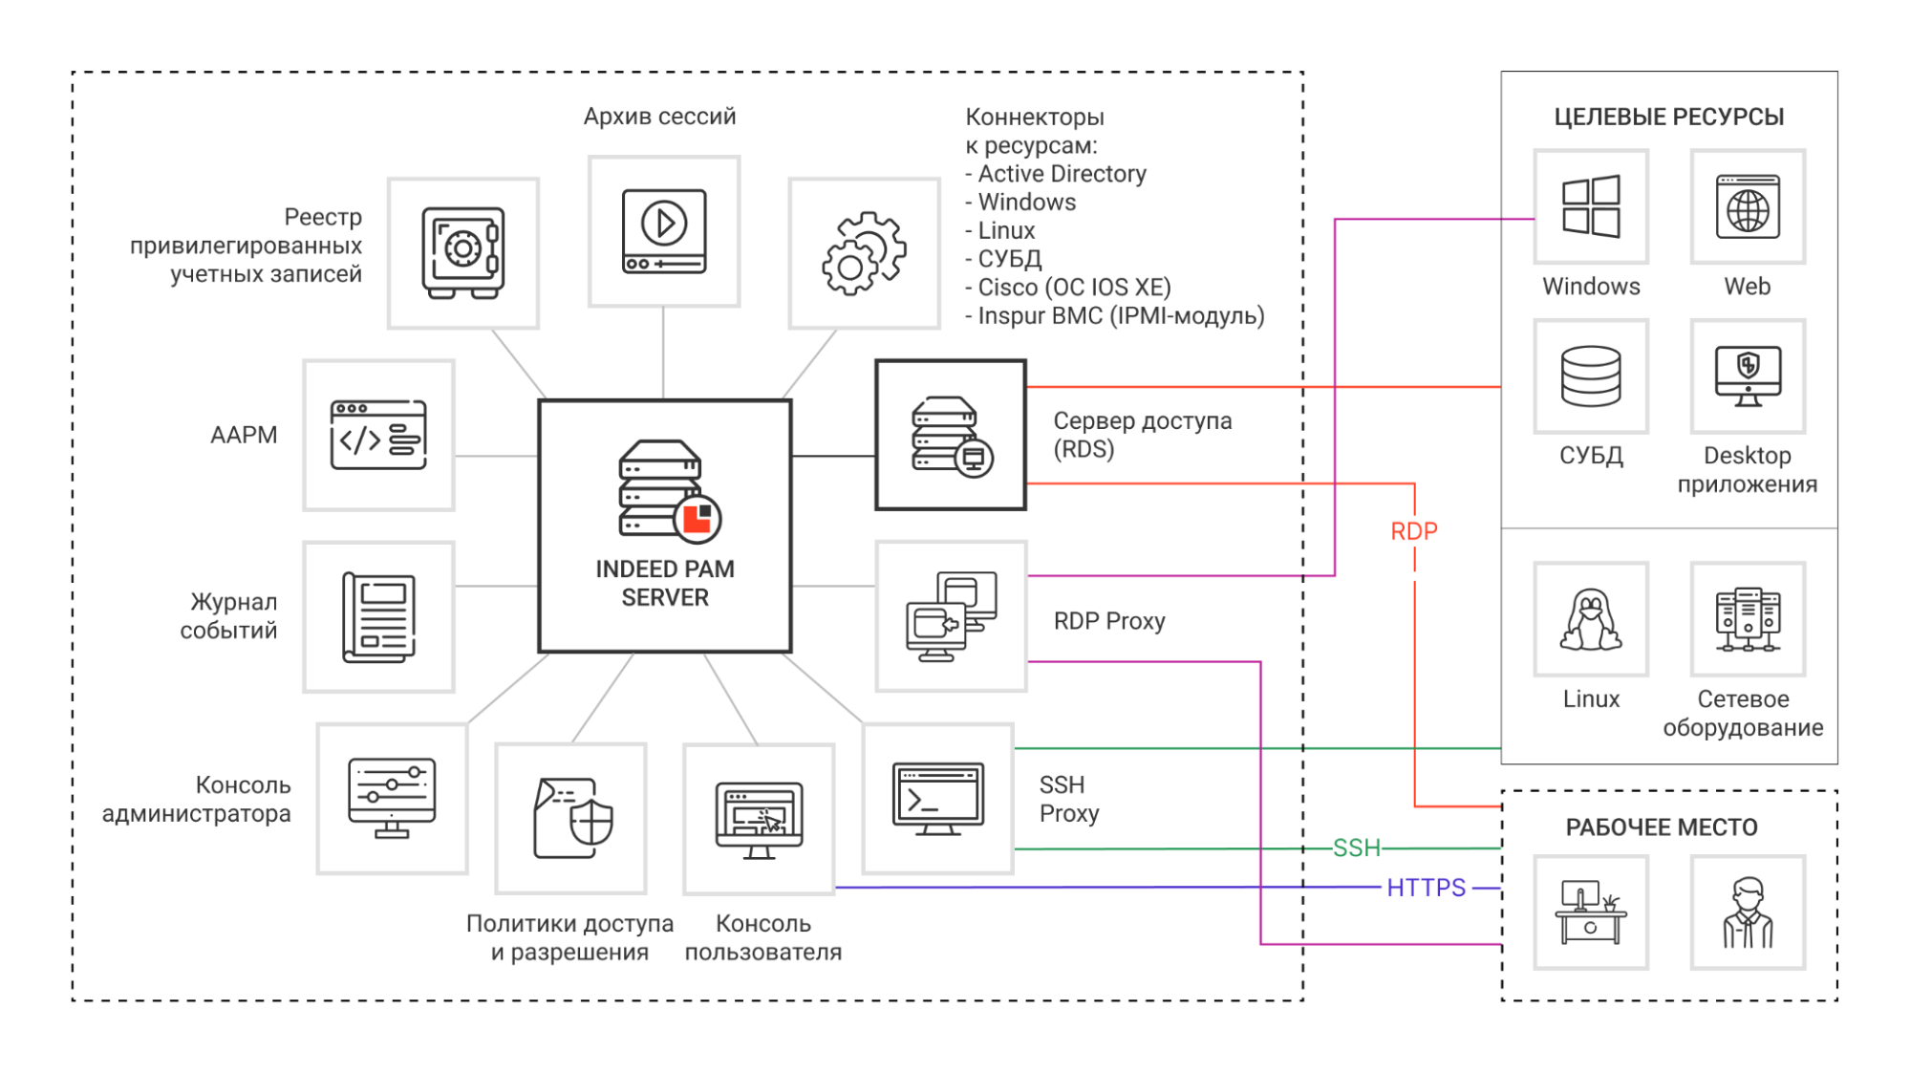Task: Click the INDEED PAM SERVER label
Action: coord(665,583)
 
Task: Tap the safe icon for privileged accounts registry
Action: coord(463,252)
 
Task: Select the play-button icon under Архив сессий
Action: coord(664,230)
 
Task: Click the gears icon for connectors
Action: coord(864,252)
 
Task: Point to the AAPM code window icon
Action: coord(378,435)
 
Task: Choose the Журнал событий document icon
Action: coord(378,617)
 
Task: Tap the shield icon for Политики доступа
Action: coord(571,818)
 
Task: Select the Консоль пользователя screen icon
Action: coord(759,819)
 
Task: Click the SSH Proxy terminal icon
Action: coord(937,798)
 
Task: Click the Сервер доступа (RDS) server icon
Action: coord(951,435)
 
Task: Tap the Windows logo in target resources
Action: coord(1591,206)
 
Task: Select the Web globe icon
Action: coord(1748,206)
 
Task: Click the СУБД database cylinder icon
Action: coord(1591,376)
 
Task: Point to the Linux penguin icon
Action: coord(1591,619)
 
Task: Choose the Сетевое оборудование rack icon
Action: coord(1748,619)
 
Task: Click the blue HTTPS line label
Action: coord(1426,888)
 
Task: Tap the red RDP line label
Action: coord(1414,531)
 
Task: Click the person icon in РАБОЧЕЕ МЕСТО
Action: coord(1748,912)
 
